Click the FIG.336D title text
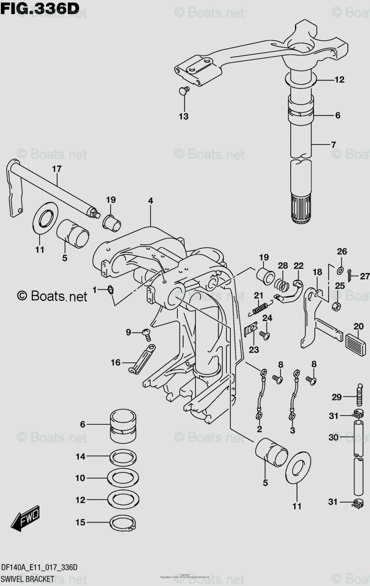point(40,8)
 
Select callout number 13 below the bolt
point(183,117)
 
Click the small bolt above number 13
point(184,90)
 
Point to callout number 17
point(57,169)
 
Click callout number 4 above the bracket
point(151,201)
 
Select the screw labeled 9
point(146,333)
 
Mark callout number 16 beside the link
point(115,362)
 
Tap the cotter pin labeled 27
point(349,277)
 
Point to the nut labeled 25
point(336,306)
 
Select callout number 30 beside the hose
point(333,438)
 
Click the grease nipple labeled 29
point(361,394)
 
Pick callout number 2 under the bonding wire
point(259,429)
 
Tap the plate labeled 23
point(251,331)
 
